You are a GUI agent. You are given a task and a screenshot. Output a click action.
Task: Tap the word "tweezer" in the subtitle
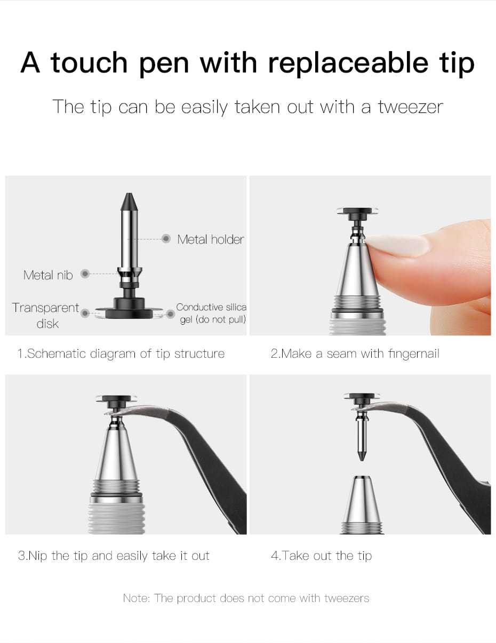click(411, 107)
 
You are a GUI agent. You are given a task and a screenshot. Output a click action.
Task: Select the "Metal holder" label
click(211, 239)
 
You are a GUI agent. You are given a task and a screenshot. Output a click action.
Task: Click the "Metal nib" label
click(48, 275)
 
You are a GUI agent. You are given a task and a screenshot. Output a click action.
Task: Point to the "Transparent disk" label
click(45, 316)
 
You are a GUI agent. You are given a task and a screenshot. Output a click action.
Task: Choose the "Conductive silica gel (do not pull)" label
click(211, 313)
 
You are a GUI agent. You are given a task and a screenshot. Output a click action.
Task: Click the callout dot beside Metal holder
click(166, 238)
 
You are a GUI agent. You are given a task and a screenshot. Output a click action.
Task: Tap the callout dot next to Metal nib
click(85, 274)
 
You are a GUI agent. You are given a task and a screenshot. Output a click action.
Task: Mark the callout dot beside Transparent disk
click(85, 313)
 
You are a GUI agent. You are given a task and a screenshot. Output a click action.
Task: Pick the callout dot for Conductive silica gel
click(171, 314)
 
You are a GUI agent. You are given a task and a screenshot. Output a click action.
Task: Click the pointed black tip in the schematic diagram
click(129, 202)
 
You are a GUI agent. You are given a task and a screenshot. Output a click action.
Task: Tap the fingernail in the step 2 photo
click(397, 245)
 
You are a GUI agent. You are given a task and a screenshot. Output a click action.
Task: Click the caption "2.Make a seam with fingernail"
click(355, 353)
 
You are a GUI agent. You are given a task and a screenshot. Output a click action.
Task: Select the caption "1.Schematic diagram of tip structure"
click(121, 353)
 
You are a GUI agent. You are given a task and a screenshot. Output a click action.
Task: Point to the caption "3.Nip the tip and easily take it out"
click(114, 556)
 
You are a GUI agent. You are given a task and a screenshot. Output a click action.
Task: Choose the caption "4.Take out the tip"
click(322, 556)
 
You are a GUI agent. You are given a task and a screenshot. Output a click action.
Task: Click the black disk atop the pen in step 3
click(116, 399)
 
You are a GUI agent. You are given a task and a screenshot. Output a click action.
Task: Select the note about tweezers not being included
click(246, 598)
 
